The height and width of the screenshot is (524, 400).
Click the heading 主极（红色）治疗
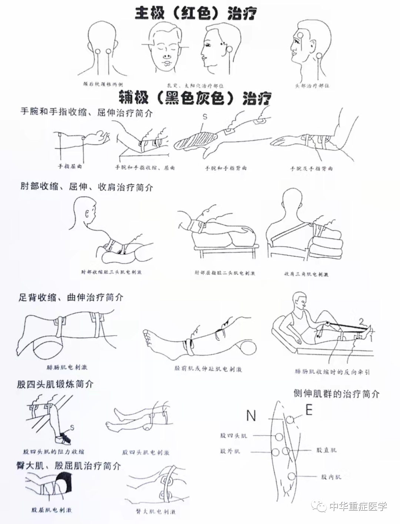coord(196,14)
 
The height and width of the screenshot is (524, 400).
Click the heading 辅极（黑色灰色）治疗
coord(195,98)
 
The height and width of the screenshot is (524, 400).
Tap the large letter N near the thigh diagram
coord(251,415)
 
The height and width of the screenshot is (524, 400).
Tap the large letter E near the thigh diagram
coord(309,410)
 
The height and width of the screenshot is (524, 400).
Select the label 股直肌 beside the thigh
coord(326,450)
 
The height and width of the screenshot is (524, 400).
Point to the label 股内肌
coord(331,477)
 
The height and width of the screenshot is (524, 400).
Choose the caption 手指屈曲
coord(70,166)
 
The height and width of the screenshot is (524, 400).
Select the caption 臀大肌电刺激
coord(156,512)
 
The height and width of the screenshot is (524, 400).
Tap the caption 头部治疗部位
coord(312,86)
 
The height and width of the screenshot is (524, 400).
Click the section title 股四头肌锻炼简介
coord(55,384)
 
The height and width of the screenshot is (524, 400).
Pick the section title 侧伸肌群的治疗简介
coord(336,394)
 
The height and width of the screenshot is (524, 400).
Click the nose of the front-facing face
coord(167,56)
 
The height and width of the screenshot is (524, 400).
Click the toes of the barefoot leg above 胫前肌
coord(149,335)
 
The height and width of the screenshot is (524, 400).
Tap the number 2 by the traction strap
coord(361,321)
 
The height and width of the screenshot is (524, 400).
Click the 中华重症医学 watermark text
coord(358,506)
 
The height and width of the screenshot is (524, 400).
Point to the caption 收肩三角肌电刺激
coord(306,274)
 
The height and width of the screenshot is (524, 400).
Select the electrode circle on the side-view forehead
coord(300,35)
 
